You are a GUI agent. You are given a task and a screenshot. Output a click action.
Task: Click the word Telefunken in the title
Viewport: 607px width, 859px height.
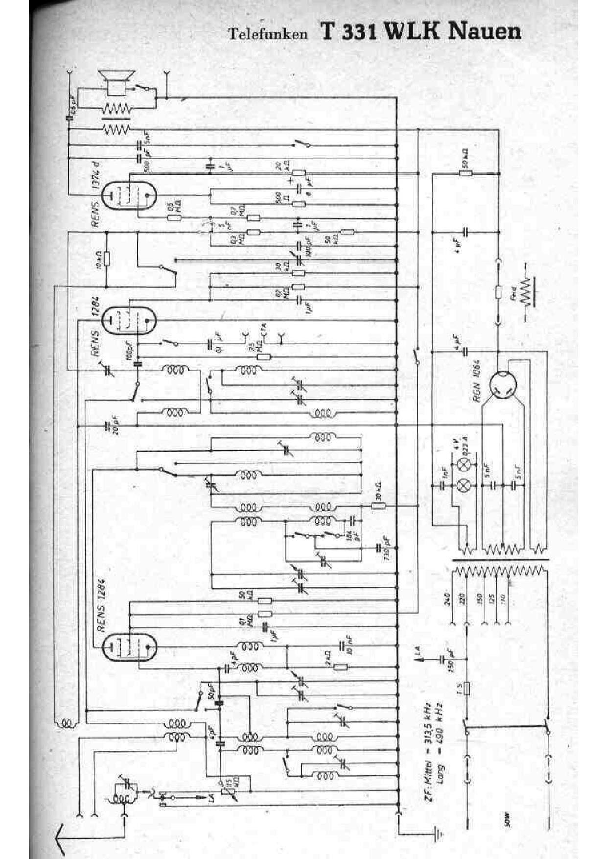(268, 34)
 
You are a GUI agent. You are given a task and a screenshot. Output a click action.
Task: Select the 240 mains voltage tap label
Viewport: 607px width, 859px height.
(447, 599)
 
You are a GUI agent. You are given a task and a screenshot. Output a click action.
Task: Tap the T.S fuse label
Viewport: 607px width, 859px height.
(459, 688)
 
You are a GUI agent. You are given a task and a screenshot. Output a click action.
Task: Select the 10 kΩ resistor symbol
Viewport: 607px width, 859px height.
(107, 260)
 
